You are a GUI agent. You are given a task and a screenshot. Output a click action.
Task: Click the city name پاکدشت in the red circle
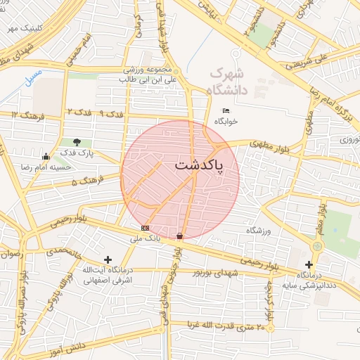tap(198, 166)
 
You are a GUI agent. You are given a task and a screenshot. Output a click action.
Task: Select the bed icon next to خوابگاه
tap(226, 111)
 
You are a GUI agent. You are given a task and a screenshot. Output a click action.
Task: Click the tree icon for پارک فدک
tap(77, 142)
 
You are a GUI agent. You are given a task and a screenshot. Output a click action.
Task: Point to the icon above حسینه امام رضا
tap(46, 156)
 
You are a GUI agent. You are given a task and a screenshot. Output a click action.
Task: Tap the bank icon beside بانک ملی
tap(146, 228)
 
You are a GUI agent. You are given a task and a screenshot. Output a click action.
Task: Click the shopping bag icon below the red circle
tap(180, 236)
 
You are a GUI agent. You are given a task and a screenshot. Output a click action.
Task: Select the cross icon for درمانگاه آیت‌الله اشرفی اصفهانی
tap(108, 259)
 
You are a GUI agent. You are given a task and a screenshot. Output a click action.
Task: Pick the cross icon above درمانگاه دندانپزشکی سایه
tap(309, 264)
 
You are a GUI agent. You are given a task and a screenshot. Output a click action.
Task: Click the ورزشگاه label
tap(259, 231)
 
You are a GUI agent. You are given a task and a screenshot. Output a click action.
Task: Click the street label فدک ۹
tap(112, 112)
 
